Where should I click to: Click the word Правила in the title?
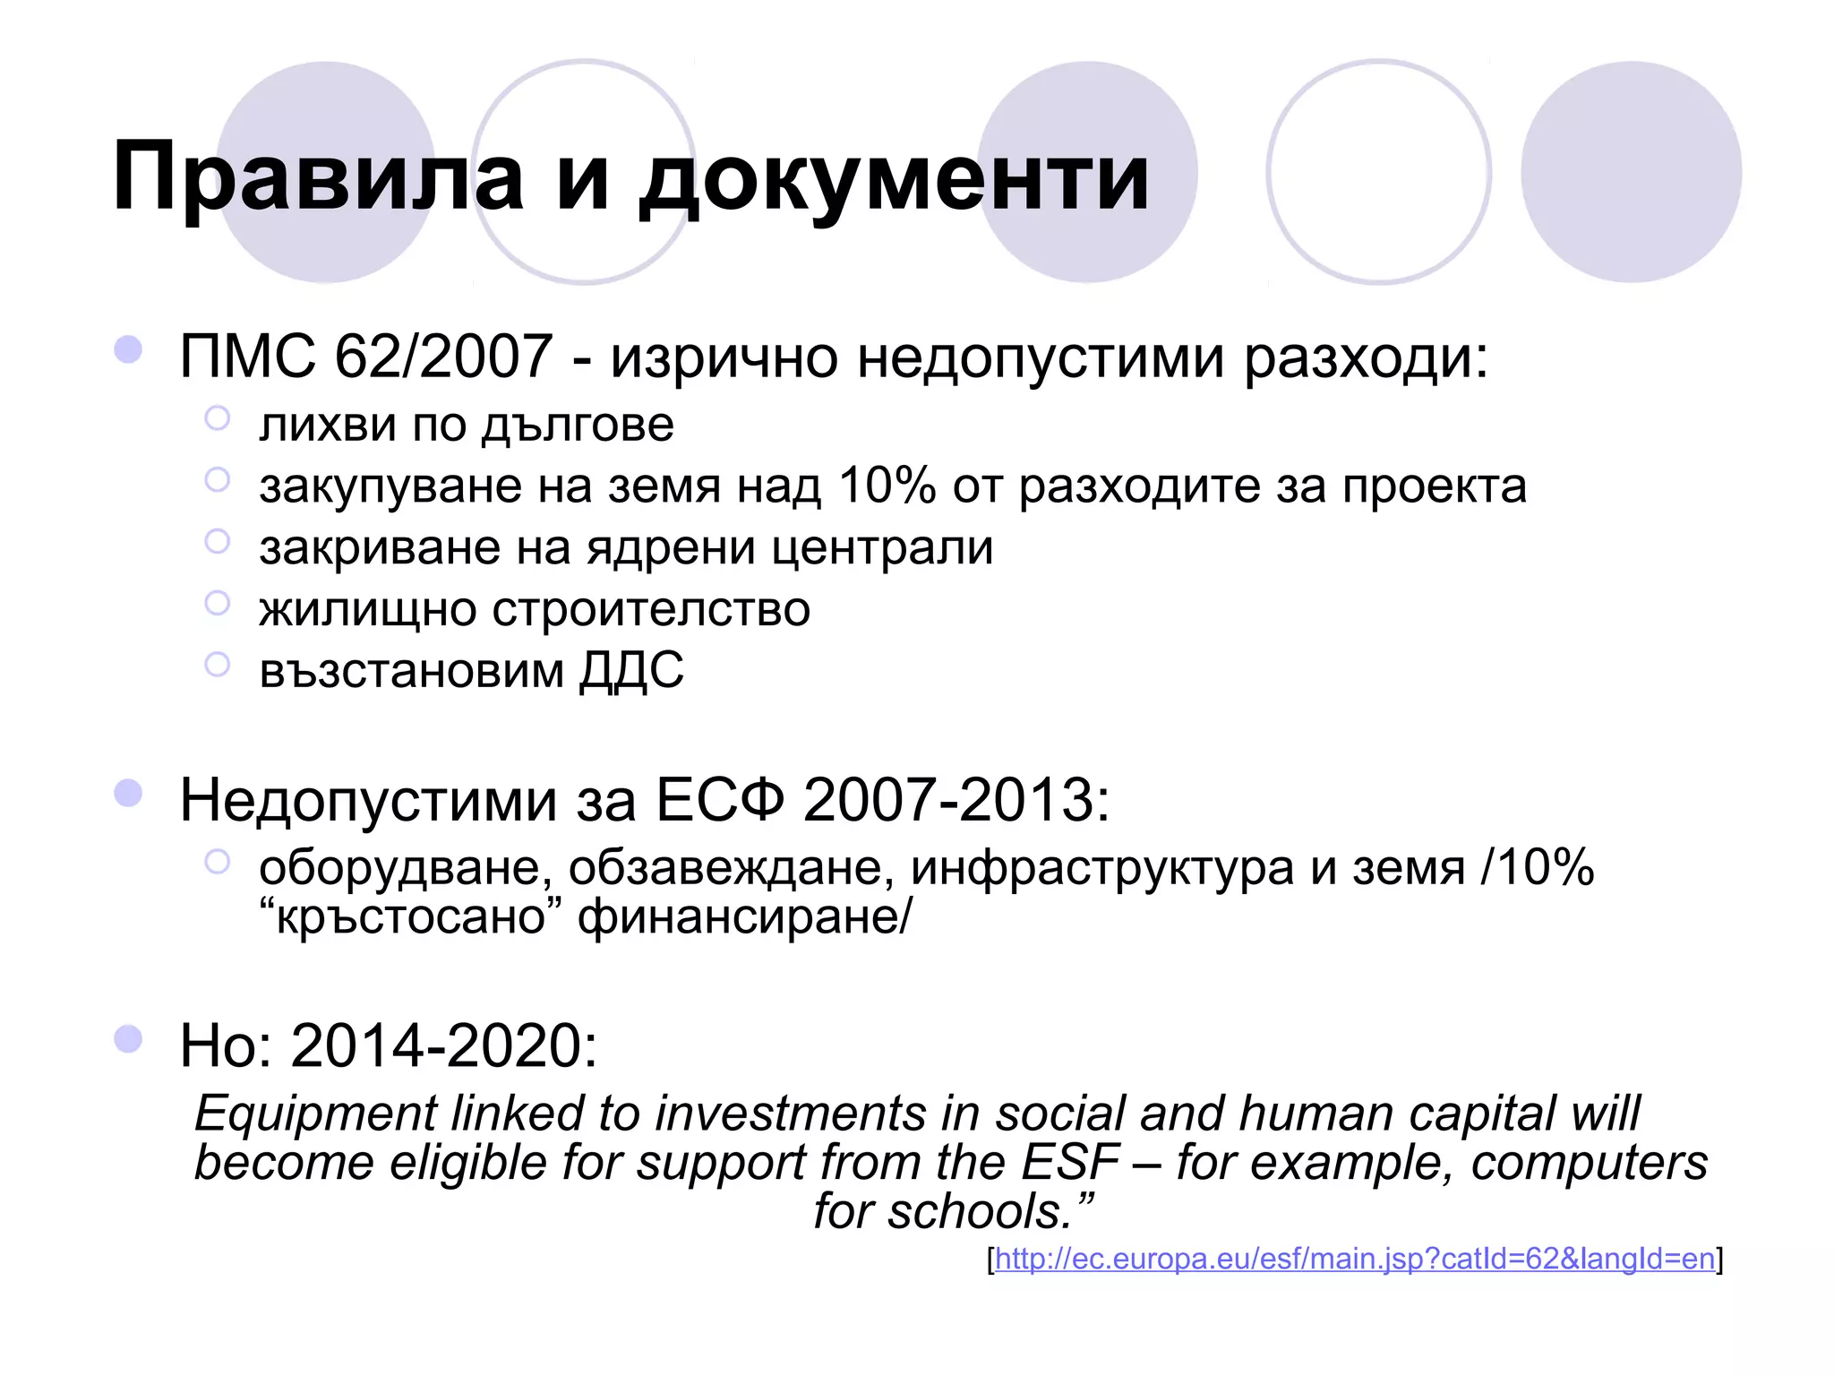[318, 177]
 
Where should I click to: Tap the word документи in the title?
[894, 177]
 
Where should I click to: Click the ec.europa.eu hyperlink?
[1355, 1259]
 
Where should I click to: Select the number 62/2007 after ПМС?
[443, 357]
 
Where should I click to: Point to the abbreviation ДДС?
[631, 670]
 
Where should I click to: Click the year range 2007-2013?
[956, 799]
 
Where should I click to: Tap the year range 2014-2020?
[444, 1045]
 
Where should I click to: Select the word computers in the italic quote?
[1590, 1163]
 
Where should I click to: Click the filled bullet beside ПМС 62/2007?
[129, 349]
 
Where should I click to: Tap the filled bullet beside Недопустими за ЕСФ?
[129, 793]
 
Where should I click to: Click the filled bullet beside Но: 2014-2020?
[129, 1038]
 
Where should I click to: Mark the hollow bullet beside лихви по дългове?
[218, 418]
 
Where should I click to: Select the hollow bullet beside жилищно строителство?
[218, 603]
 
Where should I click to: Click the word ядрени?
[671, 547]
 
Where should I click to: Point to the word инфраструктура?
[1102, 867]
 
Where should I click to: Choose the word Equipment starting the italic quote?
[315, 1114]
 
